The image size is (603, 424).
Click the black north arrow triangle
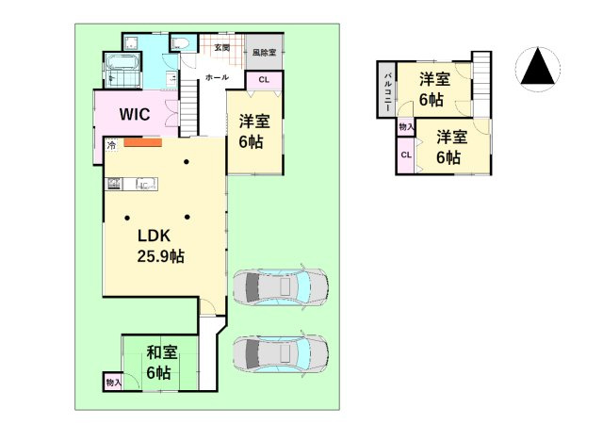(x=539, y=69)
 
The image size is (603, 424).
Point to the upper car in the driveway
(x=280, y=285)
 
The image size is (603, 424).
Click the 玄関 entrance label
(x=221, y=46)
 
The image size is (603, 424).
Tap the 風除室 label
(x=263, y=53)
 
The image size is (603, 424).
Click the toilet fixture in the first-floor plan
(x=180, y=44)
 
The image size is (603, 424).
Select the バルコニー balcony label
(x=386, y=90)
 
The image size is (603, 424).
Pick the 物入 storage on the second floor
(x=405, y=126)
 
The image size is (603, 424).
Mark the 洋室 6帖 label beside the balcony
(x=432, y=89)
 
